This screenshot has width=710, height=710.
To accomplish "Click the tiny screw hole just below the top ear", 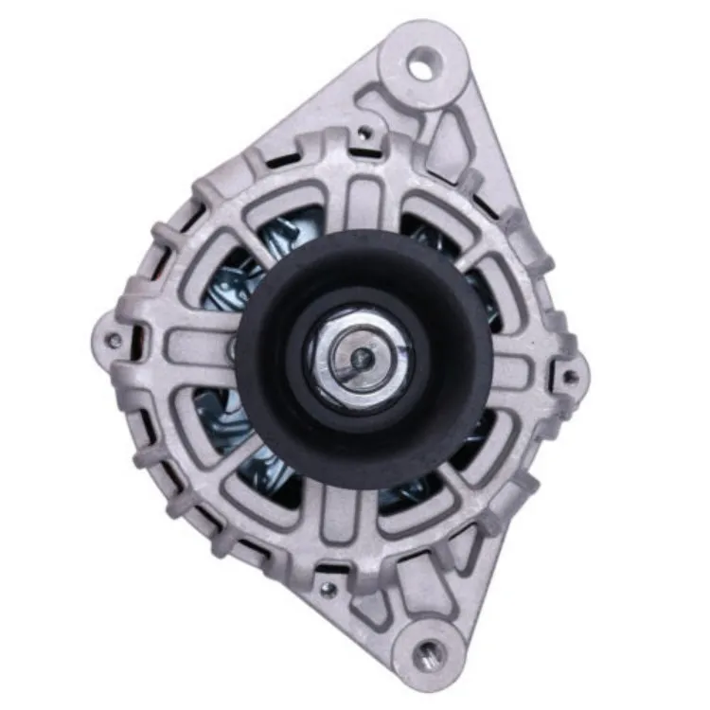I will [x=364, y=133].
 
